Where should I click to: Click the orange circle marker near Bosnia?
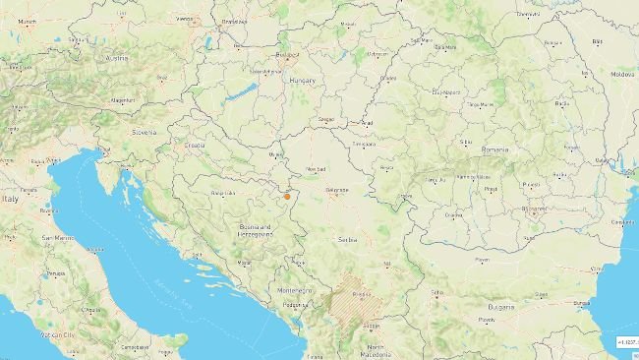point(287,197)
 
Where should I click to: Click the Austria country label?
point(117,57)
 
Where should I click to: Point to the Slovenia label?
point(145,131)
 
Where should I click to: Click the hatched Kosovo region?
point(355,298)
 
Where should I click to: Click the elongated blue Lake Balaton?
point(240,94)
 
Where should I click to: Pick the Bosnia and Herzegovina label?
point(260,230)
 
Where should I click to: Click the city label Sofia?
point(437,292)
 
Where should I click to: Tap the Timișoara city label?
point(365,144)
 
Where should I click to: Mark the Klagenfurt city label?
point(123,100)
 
